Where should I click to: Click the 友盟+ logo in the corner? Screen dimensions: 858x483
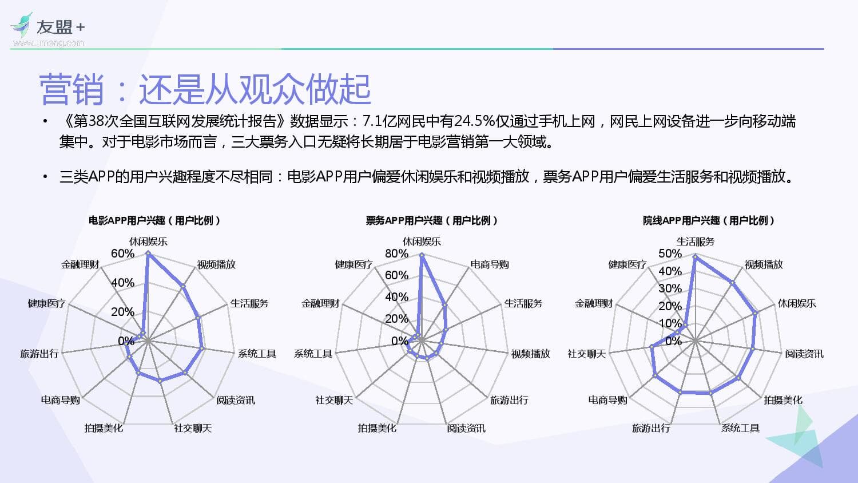click(x=47, y=29)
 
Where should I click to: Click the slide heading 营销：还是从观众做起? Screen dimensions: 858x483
click(x=205, y=89)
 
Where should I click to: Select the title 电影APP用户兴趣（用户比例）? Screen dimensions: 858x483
click(x=154, y=220)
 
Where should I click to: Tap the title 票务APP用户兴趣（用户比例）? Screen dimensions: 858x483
click(x=432, y=220)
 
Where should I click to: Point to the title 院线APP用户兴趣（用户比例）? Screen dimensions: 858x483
click(x=709, y=220)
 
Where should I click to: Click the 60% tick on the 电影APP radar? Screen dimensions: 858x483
click(x=122, y=254)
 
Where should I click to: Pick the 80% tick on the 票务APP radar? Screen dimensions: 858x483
click(x=396, y=254)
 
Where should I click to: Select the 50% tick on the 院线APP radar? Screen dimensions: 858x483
click(x=670, y=254)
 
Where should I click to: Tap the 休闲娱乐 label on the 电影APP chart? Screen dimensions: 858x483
click(x=148, y=241)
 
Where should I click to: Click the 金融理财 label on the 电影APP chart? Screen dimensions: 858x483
click(x=80, y=264)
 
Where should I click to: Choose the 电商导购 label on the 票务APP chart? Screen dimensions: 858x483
click(x=490, y=264)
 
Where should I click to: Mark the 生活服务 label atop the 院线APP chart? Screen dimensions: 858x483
click(x=696, y=241)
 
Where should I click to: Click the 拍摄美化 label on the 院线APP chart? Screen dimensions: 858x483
click(x=783, y=400)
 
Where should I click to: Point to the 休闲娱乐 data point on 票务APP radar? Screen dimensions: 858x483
click(x=422, y=255)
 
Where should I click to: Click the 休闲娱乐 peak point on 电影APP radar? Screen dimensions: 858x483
click(x=148, y=252)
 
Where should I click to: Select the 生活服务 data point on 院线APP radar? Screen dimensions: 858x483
click(x=696, y=257)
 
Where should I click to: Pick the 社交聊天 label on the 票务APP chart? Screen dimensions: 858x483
click(x=334, y=400)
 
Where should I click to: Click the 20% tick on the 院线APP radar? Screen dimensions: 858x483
click(x=670, y=306)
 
